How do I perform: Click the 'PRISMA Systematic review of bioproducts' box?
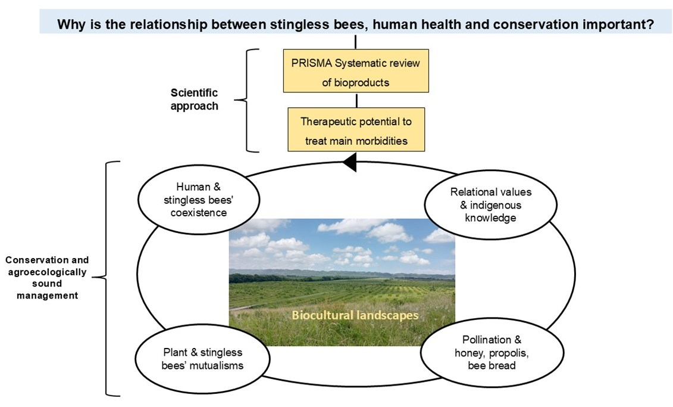[355, 70]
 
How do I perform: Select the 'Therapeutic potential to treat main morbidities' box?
[356, 129]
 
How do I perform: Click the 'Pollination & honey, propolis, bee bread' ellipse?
[492, 352]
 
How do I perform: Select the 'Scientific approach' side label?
[194, 100]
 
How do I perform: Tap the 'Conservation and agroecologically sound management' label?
[47, 278]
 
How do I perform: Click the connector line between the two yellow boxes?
[356, 100]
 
